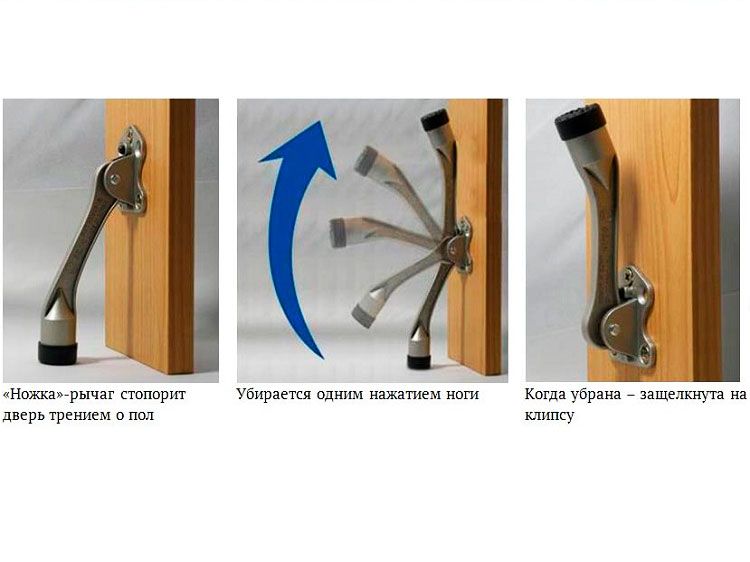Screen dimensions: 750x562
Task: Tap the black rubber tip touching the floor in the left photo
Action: click(x=58, y=352)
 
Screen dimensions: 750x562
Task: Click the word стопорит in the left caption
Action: click(x=153, y=395)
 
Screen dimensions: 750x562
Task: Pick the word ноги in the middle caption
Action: click(x=463, y=396)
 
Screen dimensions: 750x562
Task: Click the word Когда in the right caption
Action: click(x=542, y=395)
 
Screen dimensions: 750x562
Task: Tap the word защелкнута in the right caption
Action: click(x=682, y=395)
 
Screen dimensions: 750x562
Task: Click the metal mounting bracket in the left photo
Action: click(x=129, y=170)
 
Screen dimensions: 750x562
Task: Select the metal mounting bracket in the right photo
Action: click(x=630, y=317)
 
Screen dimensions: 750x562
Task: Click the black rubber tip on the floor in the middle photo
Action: click(x=419, y=362)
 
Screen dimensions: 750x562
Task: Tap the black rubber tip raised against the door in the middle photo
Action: click(x=435, y=120)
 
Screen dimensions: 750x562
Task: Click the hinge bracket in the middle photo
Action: click(x=460, y=245)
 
